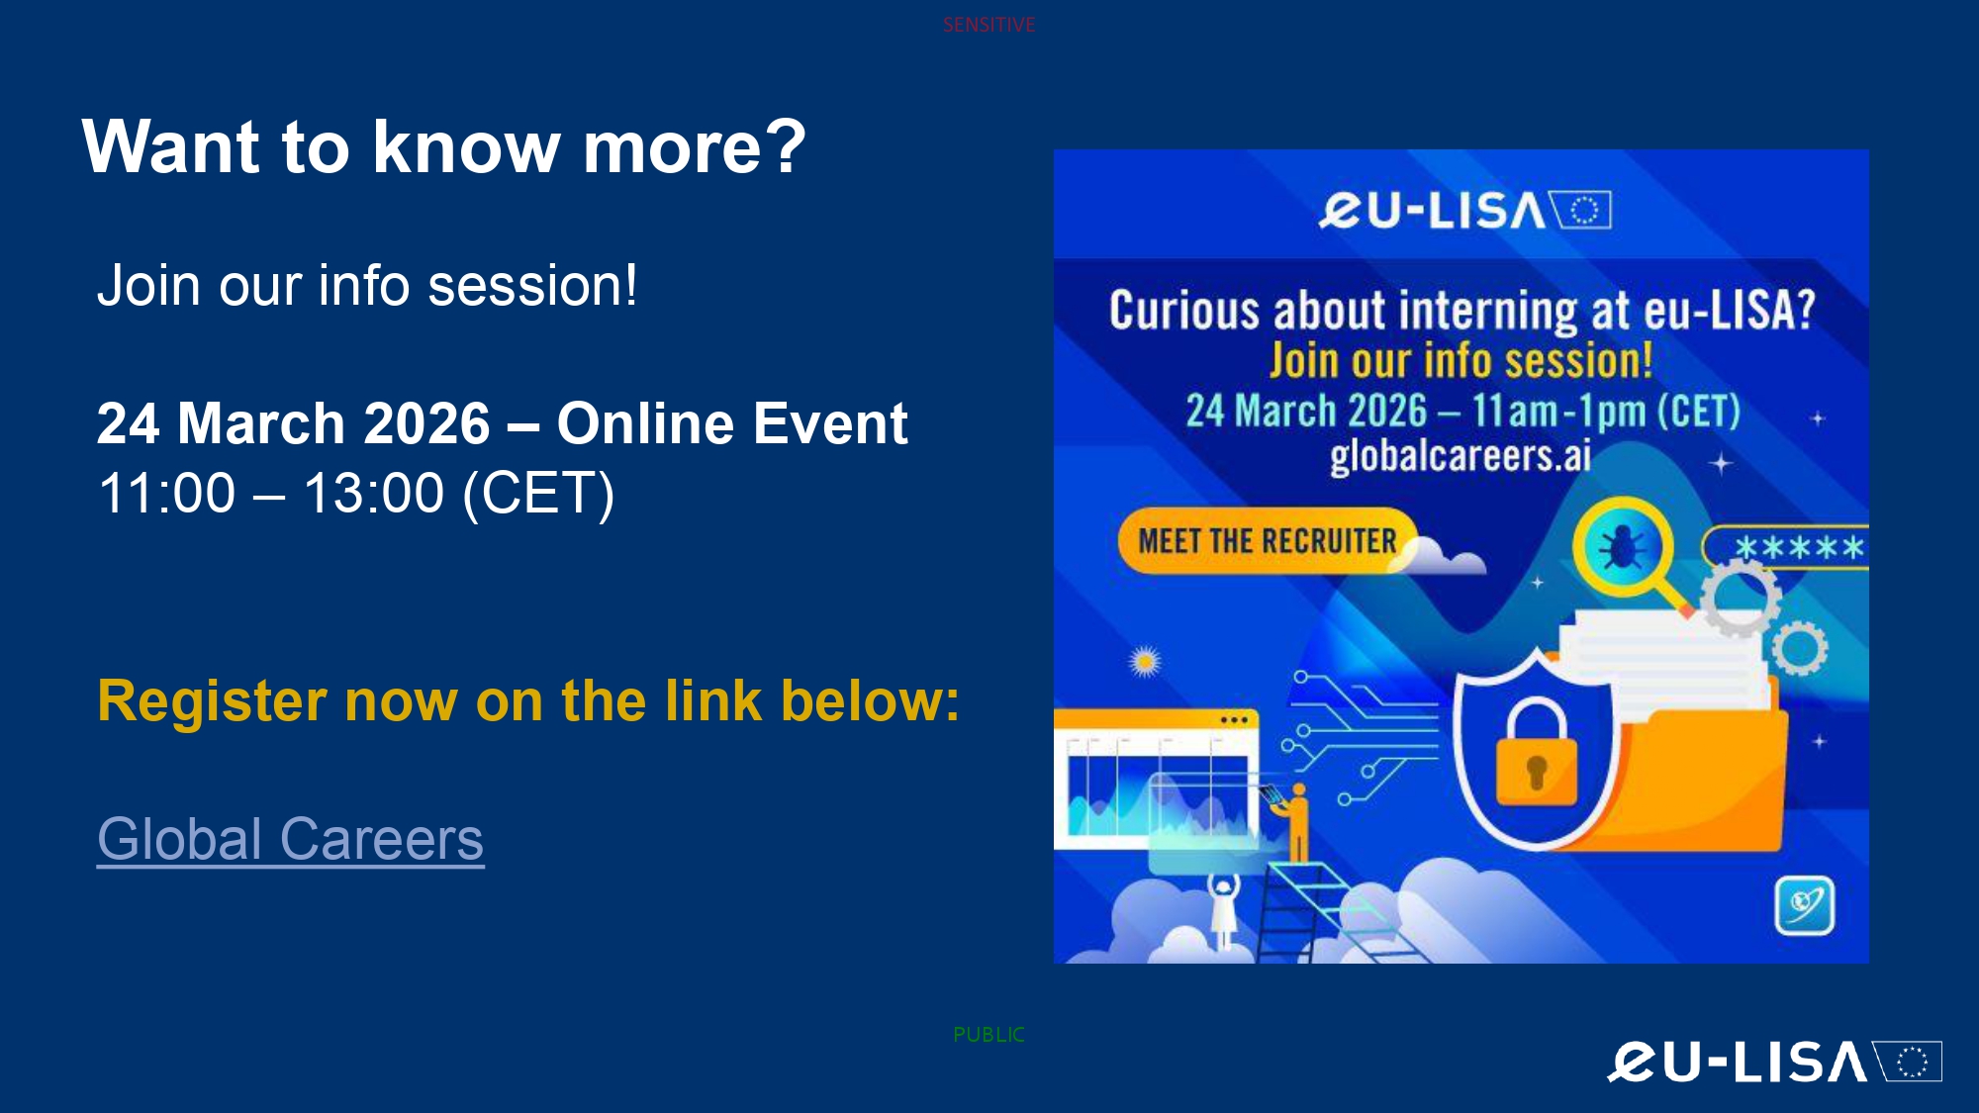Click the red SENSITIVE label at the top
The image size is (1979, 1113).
click(x=989, y=25)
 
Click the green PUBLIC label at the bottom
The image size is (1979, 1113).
click(x=989, y=1035)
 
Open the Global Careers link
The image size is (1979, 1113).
click(x=291, y=839)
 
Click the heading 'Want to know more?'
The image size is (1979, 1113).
click(x=444, y=146)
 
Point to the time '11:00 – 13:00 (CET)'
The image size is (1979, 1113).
click(x=356, y=493)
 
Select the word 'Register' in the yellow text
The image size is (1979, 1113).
click(x=212, y=701)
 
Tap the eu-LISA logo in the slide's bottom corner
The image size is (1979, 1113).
click(x=1774, y=1062)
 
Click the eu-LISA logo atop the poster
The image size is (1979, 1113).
click(x=1465, y=210)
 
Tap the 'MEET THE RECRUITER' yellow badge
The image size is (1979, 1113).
click(x=1268, y=541)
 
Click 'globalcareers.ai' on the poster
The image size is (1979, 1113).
click(x=1461, y=456)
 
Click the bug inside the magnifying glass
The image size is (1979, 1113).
click(x=1622, y=545)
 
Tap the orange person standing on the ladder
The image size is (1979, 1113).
click(x=1294, y=822)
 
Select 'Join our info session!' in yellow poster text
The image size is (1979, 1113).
click(x=1461, y=360)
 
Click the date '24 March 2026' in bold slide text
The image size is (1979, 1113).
click(x=294, y=423)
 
